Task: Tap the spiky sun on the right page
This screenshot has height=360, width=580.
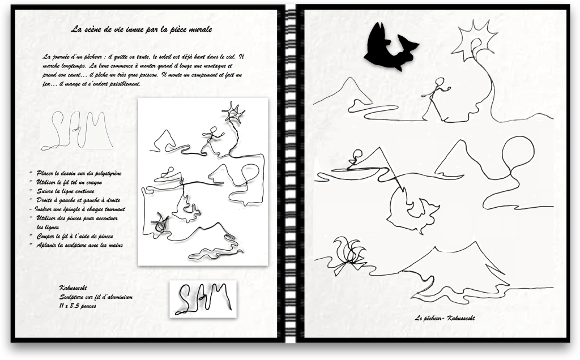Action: tap(475, 42)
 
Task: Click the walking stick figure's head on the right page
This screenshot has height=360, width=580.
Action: tap(440, 82)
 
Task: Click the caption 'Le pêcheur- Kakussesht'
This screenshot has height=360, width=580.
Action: tap(445, 318)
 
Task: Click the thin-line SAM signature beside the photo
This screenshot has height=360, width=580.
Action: tap(77, 131)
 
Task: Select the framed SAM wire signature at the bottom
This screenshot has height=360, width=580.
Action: tap(203, 299)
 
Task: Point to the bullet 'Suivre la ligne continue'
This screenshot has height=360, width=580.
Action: tap(65, 191)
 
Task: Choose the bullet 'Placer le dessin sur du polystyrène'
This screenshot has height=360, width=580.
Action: tap(79, 173)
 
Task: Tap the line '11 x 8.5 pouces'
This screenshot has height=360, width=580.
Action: tap(78, 306)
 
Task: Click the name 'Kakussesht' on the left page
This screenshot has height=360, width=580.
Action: tap(73, 288)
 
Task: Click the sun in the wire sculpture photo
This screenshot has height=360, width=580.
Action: tap(233, 113)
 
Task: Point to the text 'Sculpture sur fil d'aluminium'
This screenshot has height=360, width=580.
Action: tap(96, 297)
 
